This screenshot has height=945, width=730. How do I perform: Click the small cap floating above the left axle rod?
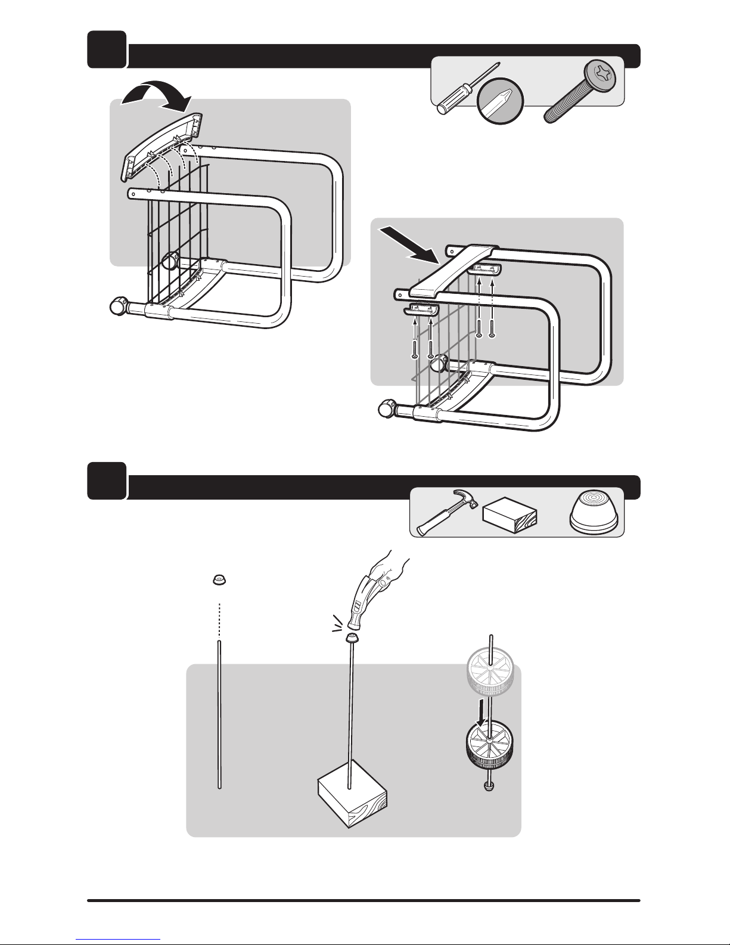tap(220, 580)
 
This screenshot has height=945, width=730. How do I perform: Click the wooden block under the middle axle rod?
tap(352, 799)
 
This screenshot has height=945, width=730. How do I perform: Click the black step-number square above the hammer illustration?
tap(107, 481)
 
